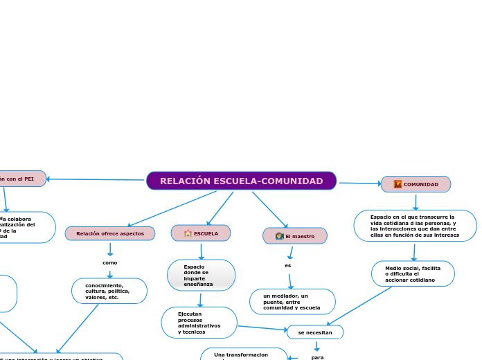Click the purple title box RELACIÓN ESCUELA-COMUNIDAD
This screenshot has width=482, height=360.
point(241,181)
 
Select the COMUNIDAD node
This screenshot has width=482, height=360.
point(416,184)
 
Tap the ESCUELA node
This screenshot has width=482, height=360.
point(201,233)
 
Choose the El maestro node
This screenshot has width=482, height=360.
point(295,236)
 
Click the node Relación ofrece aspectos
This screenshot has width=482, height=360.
point(110,233)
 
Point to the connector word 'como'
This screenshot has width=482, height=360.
point(110,262)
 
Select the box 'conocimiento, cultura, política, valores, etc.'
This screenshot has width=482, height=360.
point(109,291)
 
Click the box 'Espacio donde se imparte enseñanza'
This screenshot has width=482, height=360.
point(202,275)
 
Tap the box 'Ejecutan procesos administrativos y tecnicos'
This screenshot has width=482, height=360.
point(199,323)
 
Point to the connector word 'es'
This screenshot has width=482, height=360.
point(288,265)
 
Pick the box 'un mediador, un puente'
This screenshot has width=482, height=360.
point(292,301)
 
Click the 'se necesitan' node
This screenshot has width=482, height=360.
point(315,332)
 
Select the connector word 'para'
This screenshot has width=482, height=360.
point(318,357)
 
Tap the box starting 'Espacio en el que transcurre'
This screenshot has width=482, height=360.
point(415,226)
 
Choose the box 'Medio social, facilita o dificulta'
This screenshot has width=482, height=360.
point(413,273)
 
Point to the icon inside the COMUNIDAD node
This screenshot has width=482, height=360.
point(398,184)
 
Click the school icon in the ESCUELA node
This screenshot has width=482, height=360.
point(188,233)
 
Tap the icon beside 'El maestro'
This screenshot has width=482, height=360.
point(279,236)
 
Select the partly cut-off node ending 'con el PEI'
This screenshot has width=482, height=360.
point(21,179)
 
